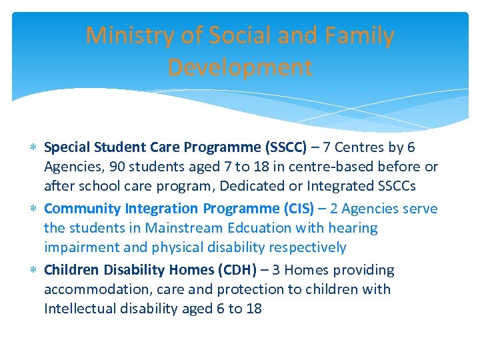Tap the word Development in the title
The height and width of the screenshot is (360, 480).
pyautogui.click(x=239, y=67)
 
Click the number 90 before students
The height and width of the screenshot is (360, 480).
pyautogui.click(x=111, y=167)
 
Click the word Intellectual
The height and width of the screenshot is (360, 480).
pyautogui.click(x=83, y=309)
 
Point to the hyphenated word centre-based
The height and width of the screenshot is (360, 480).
pyautogui.click(x=306, y=167)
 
